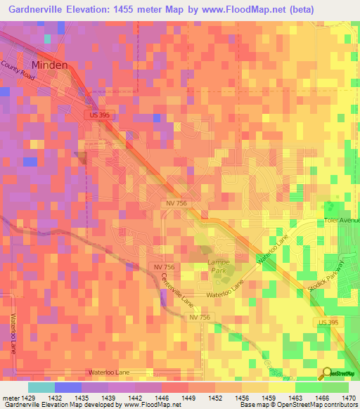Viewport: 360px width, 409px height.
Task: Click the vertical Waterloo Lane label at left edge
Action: pyautogui.click(x=12, y=332)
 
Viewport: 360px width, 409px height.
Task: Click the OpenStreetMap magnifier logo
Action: pyautogui.click(x=326, y=373)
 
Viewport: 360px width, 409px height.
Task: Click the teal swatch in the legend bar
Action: pyautogui.click(x=41, y=387)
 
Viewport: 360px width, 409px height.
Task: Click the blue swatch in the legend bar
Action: pyautogui.click(x=68, y=387)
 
